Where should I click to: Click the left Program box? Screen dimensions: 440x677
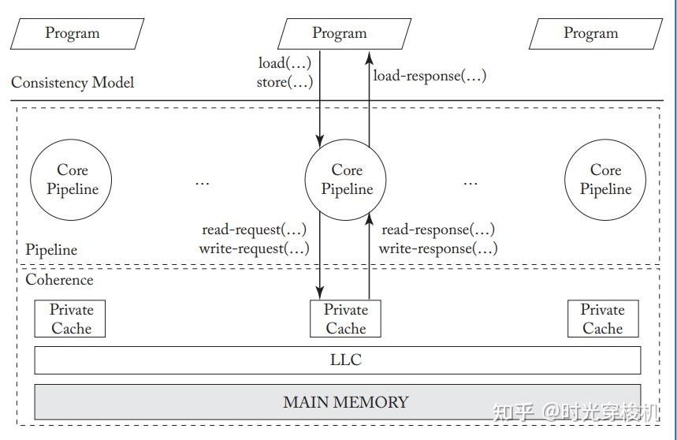click(73, 33)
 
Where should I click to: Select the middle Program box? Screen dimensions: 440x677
click(340, 33)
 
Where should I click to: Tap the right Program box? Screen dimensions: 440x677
click(590, 33)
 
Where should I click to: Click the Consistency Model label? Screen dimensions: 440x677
click(73, 82)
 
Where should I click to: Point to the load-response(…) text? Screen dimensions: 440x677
click(430, 76)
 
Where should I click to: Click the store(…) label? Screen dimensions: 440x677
click(285, 81)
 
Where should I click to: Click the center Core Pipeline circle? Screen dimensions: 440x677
click(347, 180)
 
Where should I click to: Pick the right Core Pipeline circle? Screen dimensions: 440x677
click(605, 180)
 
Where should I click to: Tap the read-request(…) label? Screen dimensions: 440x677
click(254, 230)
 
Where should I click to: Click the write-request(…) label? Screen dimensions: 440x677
click(254, 248)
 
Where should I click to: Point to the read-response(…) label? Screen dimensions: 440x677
click(438, 230)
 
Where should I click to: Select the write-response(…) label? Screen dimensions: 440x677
click(438, 248)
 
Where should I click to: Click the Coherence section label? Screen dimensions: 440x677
click(59, 280)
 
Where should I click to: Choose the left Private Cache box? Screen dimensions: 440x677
click(71, 319)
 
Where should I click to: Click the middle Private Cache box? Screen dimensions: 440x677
click(346, 319)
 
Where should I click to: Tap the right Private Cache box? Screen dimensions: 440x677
click(602, 319)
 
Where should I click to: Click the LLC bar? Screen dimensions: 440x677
click(337, 360)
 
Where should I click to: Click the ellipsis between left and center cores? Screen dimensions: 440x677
click(203, 181)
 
